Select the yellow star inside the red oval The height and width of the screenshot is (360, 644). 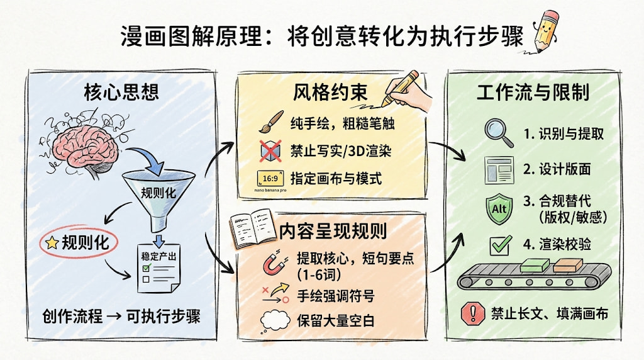[52, 243]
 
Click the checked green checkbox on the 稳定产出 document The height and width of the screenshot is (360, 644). [147, 267]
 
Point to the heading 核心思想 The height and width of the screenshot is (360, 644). [121, 92]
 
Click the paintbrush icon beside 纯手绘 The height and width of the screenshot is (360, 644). [271, 121]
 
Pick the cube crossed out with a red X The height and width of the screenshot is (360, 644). [271, 151]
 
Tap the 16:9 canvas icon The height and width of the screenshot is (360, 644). [270, 179]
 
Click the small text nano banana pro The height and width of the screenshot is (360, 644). [270, 190]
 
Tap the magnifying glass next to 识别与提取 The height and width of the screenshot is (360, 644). [499, 133]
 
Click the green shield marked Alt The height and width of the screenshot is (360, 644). [499, 208]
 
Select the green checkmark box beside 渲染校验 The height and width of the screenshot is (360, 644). [501, 245]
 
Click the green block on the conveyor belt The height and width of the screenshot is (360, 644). [535, 265]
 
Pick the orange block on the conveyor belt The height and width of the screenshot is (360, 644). [568, 265]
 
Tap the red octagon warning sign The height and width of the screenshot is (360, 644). [473, 313]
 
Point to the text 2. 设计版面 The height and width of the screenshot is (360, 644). [557, 169]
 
